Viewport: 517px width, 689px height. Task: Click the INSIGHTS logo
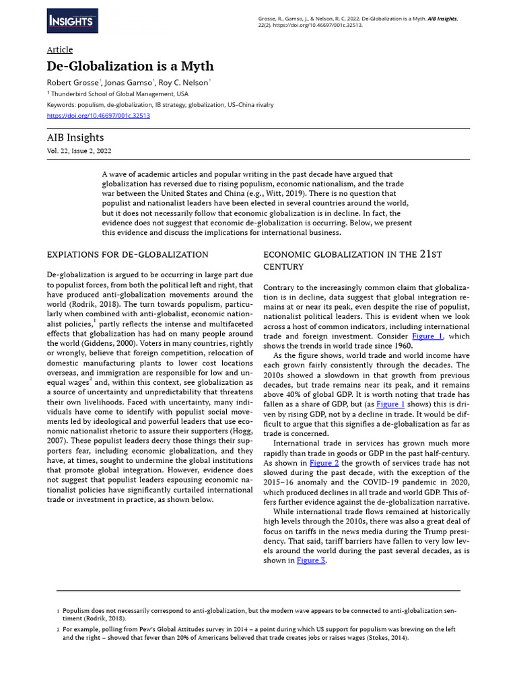tap(72, 22)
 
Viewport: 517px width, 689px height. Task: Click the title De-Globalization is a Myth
tap(130, 66)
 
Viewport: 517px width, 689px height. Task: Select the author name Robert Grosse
tap(72, 82)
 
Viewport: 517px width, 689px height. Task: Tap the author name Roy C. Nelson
tap(186, 82)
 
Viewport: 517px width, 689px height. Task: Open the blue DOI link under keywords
tap(98, 116)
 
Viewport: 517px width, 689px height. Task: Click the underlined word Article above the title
tap(60, 50)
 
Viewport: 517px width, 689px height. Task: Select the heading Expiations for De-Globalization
tap(127, 254)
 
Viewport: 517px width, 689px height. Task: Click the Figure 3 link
tap(311, 560)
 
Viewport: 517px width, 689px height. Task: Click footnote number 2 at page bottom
tap(58, 630)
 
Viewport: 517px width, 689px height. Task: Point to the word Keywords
tap(61, 105)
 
